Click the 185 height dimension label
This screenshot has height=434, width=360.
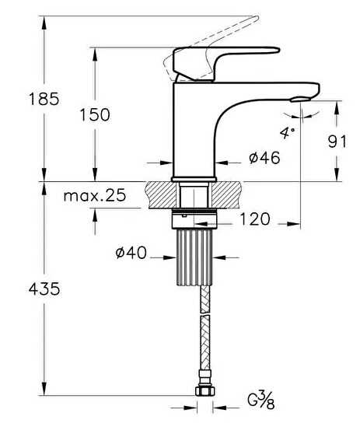pos(44,99)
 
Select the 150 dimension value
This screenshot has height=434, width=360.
pos(95,114)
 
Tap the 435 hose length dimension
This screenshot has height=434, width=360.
pos(44,289)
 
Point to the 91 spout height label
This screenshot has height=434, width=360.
pos(337,142)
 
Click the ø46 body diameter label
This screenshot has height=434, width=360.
pos(264,158)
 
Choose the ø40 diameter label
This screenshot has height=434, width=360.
pos(131,253)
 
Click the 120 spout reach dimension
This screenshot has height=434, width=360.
pos(254,219)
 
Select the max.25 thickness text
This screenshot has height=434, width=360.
pos(95,195)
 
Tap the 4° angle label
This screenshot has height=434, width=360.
pos(287,132)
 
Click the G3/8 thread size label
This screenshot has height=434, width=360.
pos(260,399)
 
